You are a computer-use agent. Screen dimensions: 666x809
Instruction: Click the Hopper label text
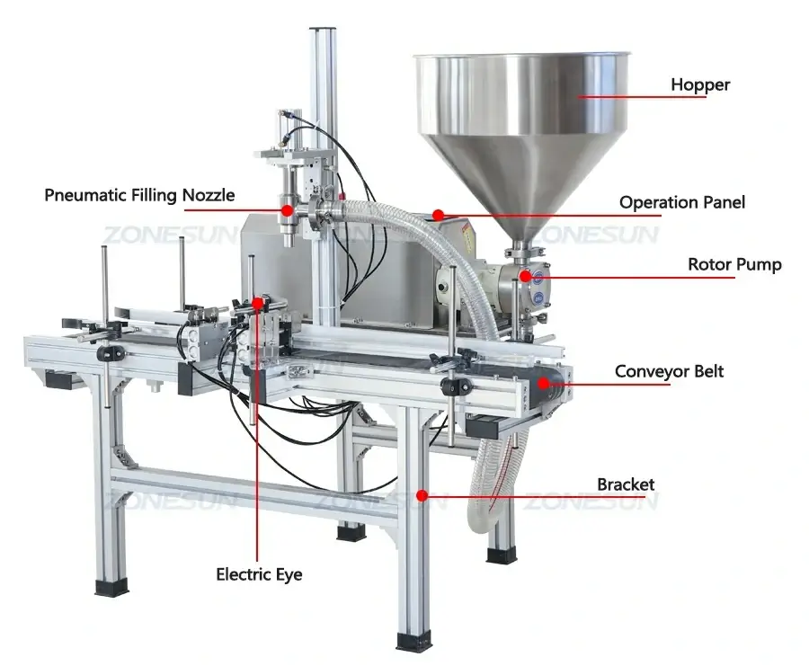coord(700,85)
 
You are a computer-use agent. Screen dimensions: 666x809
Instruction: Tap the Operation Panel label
coord(681,202)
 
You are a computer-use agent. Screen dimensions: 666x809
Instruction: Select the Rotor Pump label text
coord(734,264)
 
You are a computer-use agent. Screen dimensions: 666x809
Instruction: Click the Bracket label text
coord(626,484)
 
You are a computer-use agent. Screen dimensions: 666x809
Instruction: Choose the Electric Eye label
coord(259,573)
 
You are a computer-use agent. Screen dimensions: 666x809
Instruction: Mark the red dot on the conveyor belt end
coord(545,384)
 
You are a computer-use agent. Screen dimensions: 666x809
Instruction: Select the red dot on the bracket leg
coord(422,494)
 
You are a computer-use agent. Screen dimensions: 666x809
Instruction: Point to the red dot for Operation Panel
coord(437,215)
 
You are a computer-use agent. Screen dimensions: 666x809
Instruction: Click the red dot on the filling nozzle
coord(287,210)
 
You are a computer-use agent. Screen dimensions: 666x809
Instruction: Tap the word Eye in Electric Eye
coord(289,573)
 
